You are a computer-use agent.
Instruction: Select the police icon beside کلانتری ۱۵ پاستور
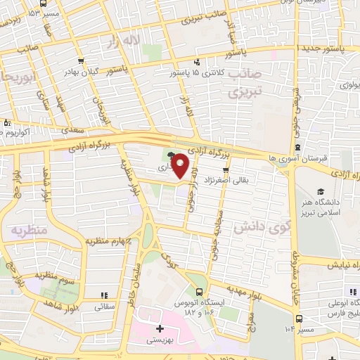[x=198, y=62]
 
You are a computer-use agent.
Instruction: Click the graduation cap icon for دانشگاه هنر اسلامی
[x=321, y=191]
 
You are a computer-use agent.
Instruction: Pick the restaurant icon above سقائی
[x=104, y=295]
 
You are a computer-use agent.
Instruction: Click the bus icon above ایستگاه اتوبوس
[x=200, y=292]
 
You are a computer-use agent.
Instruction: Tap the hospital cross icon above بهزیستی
[x=160, y=328]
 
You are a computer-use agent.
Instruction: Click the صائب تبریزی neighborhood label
[x=245, y=82]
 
